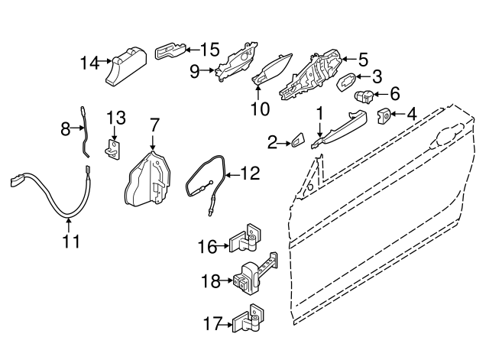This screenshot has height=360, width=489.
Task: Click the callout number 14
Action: tap(89, 63)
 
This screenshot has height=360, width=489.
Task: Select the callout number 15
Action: tap(209, 50)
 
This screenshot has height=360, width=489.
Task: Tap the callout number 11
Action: tap(70, 242)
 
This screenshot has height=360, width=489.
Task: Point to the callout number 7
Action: tap(154, 123)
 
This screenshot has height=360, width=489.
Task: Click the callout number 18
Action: tap(211, 281)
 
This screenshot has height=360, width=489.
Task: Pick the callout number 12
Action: tap(251, 174)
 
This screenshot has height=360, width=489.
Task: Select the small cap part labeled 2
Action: tap(296, 141)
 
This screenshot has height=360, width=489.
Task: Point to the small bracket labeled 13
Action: tap(114, 148)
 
